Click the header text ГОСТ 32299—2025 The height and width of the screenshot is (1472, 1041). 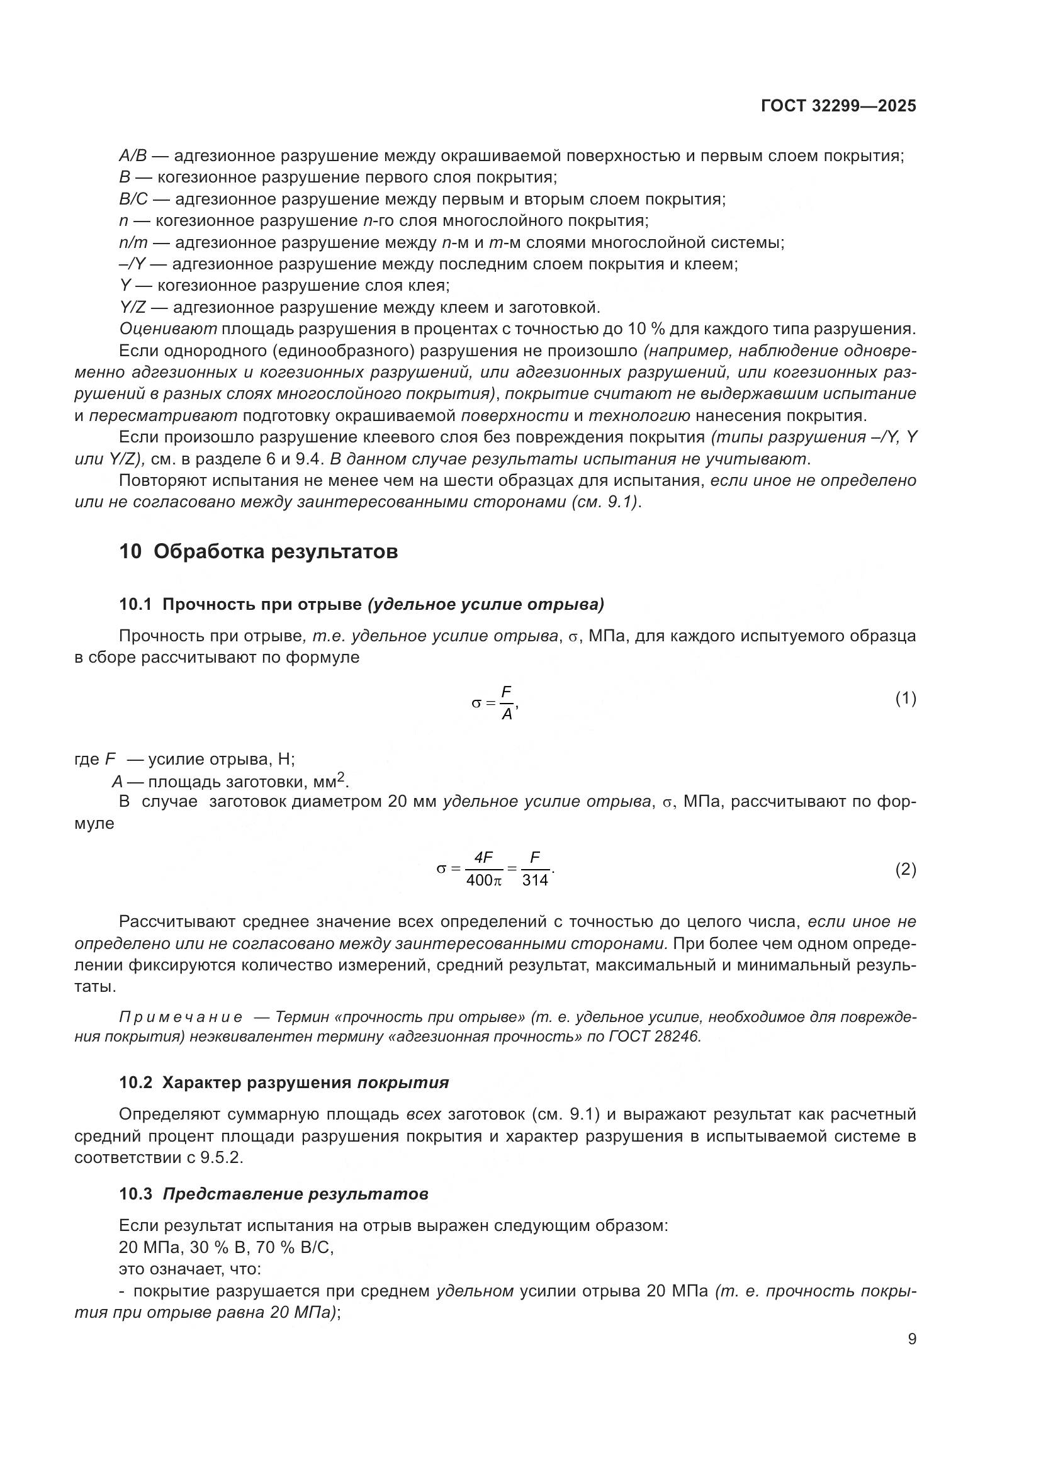tap(838, 106)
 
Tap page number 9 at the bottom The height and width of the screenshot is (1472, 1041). tap(912, 1339)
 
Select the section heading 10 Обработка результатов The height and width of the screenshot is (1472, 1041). tap(258, 551)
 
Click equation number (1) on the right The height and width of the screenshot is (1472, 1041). tap(905, 699)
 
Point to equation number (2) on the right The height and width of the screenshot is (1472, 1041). tap(905, 869)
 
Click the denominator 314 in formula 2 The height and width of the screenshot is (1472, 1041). tap(534, 880)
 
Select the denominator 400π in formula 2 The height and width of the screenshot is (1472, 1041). tap(484, 880)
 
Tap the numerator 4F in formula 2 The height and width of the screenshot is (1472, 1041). tap(483, 858)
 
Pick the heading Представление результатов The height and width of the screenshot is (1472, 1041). tap(296, 1194)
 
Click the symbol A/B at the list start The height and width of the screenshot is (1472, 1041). tap(133, 156)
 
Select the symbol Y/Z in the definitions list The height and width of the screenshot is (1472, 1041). tap(133, 308)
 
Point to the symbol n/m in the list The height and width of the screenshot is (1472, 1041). tap(133, 243)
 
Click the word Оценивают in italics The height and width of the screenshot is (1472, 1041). tap(168, 330)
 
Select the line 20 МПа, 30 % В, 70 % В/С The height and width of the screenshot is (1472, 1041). tap(227, 1247)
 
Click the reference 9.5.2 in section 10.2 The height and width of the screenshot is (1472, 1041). tap(222, 1158)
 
